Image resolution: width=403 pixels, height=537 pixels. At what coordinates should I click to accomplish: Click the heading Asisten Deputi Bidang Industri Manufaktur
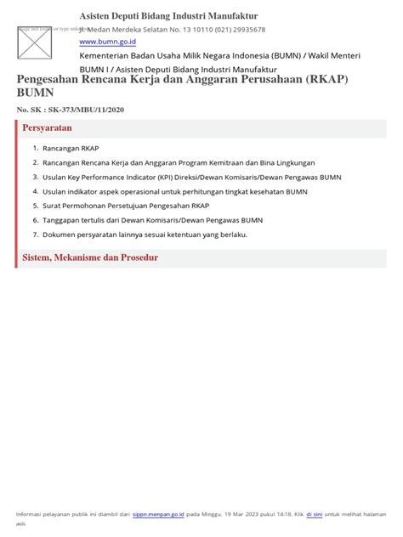168,16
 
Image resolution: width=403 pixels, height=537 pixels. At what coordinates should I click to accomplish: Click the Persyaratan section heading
47,127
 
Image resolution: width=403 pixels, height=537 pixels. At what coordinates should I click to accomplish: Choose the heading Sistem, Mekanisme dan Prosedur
89,257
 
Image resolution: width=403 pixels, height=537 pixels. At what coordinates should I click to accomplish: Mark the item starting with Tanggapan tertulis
152,220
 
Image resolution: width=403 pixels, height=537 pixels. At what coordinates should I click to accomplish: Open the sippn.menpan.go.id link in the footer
158,514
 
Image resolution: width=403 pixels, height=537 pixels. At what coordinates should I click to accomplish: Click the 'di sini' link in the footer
314,514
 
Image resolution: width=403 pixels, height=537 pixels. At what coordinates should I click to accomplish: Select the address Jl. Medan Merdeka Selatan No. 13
133,29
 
